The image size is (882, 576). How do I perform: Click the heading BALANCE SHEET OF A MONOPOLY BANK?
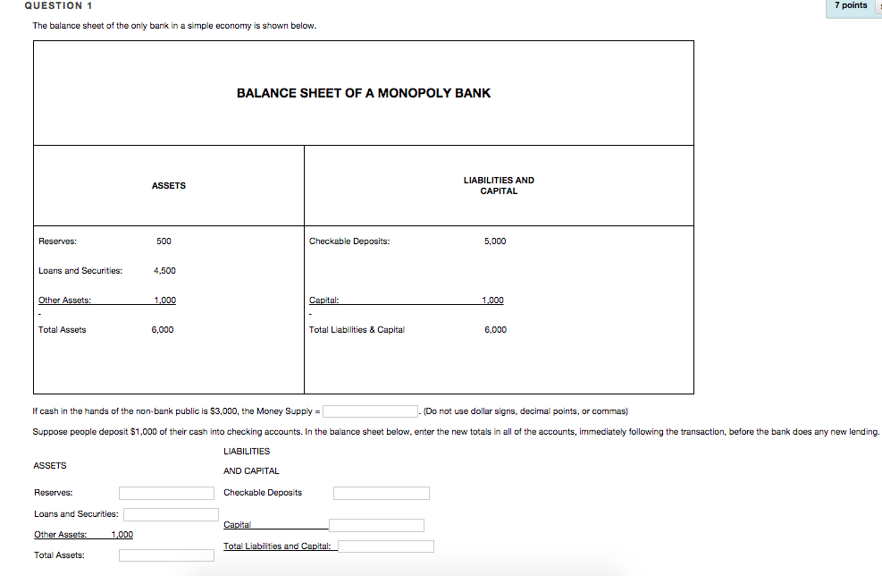(363, 93)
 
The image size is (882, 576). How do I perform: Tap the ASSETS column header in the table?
(169, 185)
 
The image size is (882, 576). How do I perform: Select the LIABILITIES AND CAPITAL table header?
(499, 185)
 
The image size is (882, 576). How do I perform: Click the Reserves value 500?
(164, 241)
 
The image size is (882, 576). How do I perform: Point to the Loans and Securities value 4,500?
(164, 271)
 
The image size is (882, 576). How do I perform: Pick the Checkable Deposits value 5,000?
(495, 241)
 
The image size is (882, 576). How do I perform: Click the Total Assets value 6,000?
(163, 330)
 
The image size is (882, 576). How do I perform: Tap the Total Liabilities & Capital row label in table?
(357, 330)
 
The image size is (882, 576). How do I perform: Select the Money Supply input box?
(371, 411)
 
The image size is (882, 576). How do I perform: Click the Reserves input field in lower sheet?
(166, 493)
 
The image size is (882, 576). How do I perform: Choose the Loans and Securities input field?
(171, 514)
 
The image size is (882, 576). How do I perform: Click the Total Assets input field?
(166, 555)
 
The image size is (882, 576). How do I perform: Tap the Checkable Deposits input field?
(382, 493)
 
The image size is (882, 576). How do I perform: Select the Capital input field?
(376, 525)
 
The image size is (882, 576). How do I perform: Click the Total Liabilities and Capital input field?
(386, 546)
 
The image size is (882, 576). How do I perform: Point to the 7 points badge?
(851, 5)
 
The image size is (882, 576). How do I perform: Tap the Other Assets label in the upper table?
(64, 301)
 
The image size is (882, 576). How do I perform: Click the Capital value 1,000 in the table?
(493, 301)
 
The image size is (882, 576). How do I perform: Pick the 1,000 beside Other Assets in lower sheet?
(122, 535)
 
